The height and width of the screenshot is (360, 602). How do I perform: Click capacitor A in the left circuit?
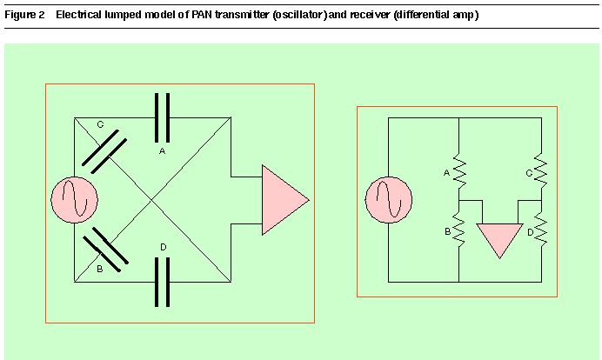click(x=162, y=117)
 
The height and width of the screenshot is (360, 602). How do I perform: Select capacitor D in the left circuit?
click(x=162, y=282)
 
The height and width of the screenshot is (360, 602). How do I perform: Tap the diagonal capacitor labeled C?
click(x=104, y=151)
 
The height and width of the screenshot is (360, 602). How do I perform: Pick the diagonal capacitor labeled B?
click(x=105, y=250)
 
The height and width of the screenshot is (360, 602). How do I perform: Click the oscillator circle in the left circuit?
click(x=75, y=200)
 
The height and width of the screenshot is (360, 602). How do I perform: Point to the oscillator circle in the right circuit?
click(x=389, y=200)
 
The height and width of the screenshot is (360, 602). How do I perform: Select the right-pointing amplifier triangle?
click(x=285, y=200)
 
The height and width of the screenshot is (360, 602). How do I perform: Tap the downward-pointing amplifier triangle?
click(x=499, y=241)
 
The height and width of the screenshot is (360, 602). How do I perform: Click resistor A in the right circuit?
click(x=459, y=170)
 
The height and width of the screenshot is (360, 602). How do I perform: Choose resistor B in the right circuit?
click(x=459, y=230)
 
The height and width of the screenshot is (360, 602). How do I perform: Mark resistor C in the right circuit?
click(x=541, y=170)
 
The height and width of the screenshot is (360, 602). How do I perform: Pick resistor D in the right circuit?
click(x=541, y=230)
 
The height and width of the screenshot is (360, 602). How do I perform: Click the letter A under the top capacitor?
click(x=162, y=151)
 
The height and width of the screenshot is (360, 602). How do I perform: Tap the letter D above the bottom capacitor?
click(x=164, y=247)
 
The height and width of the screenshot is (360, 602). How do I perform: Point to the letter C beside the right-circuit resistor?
click(x=529, y=173)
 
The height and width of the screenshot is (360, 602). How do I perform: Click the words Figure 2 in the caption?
click(x=24, y=15)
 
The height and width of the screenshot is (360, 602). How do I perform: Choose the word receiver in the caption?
click(x=370, y=15)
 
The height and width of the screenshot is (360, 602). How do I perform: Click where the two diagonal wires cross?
click(x=152, y=200)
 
